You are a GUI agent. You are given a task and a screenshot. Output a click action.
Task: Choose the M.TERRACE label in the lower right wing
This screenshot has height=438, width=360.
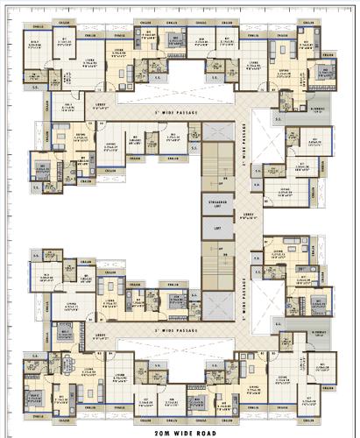[x=321, y=334]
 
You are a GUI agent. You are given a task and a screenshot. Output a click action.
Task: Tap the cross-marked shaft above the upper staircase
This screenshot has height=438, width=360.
[x=215, y=131]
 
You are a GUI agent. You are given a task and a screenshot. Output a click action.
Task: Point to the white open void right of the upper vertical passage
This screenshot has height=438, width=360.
[x=264, y=131]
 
